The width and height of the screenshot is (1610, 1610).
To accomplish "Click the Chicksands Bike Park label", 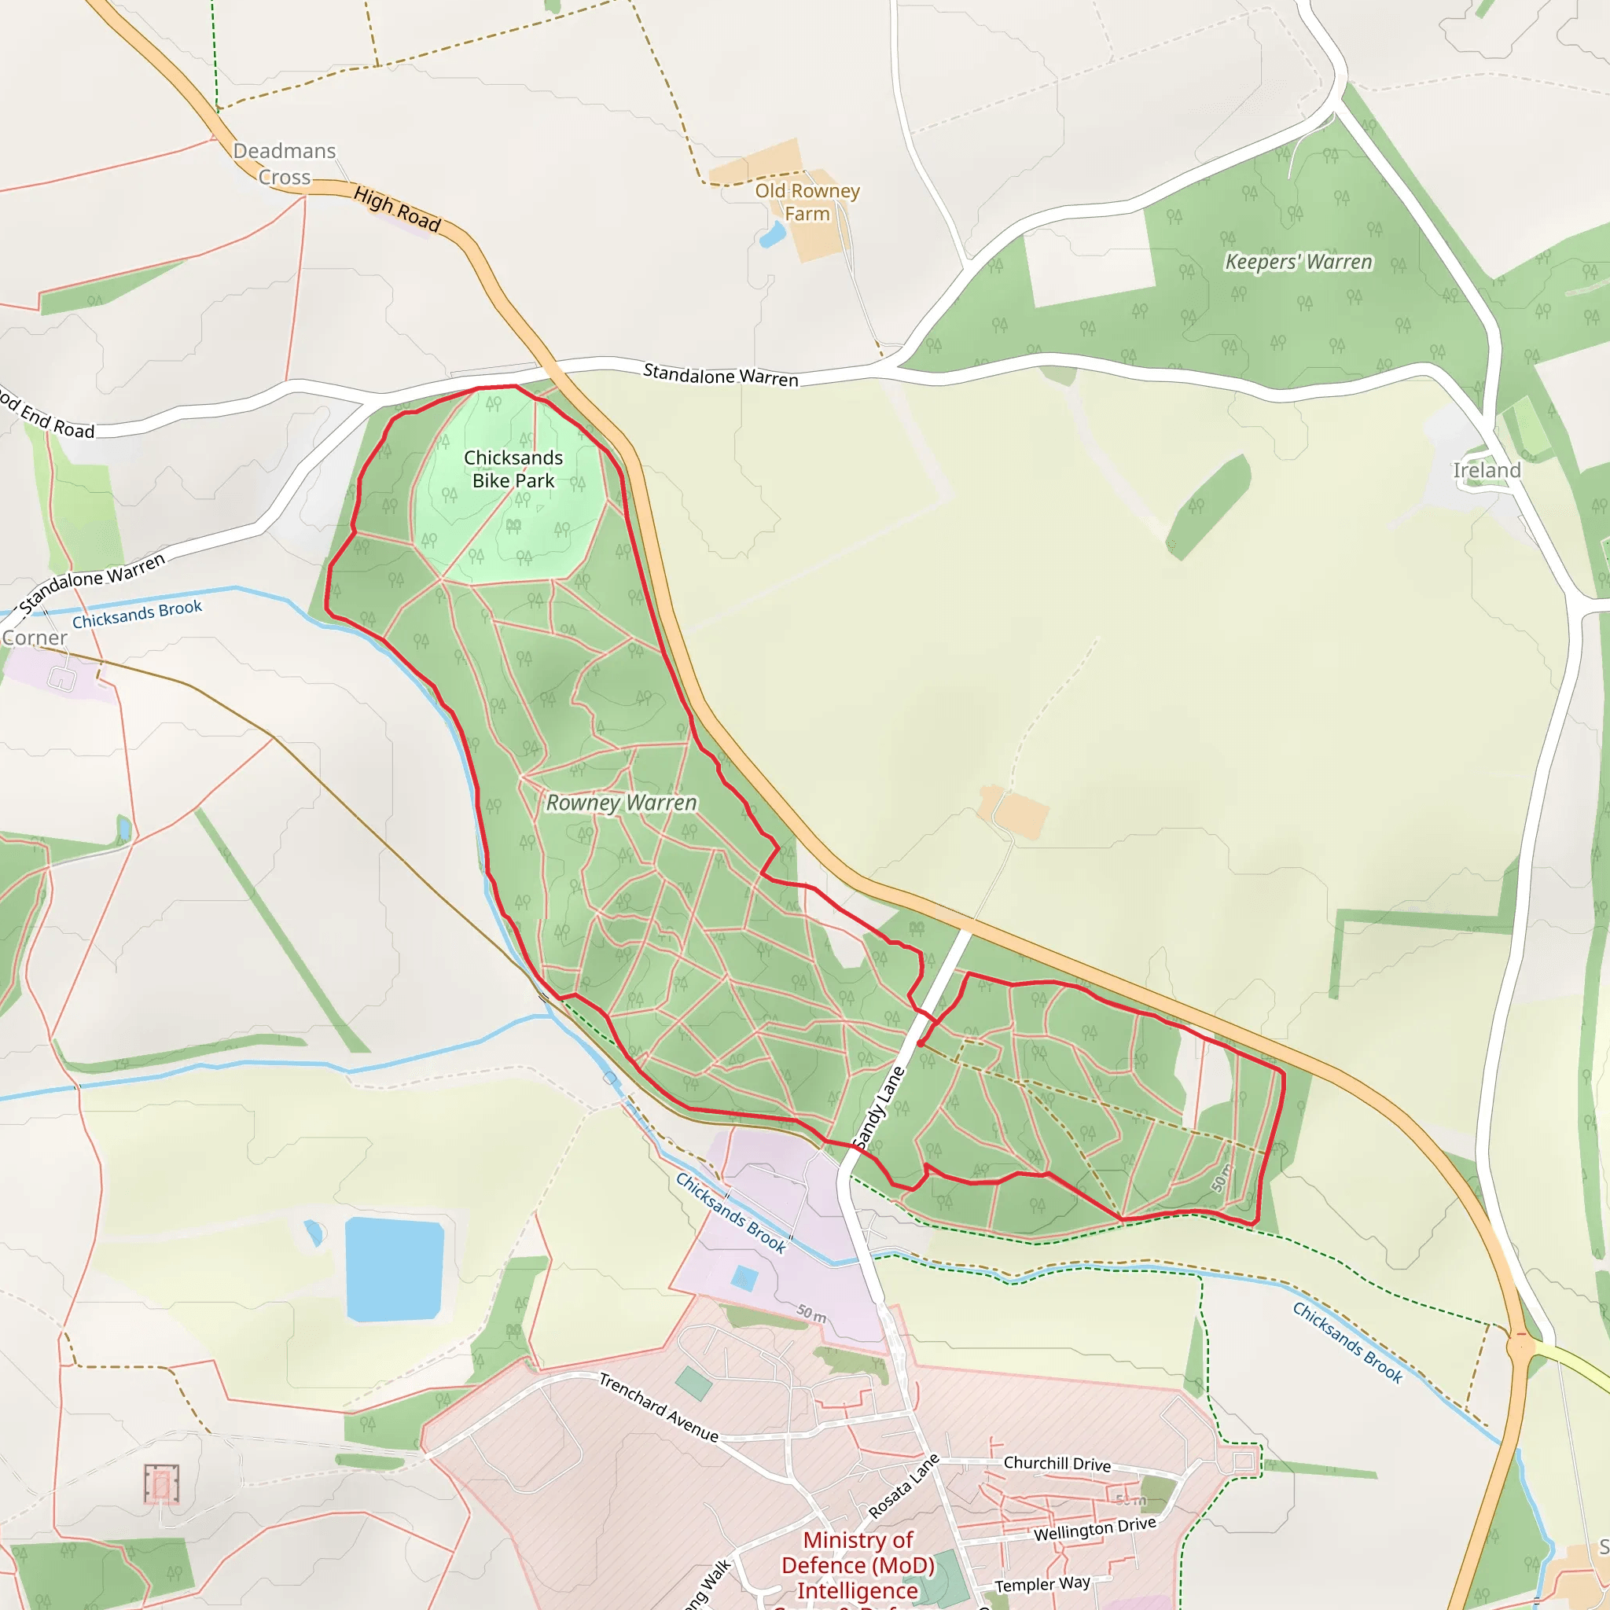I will (x=513, y=469).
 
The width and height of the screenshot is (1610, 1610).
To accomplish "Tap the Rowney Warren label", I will (x=622, y=803).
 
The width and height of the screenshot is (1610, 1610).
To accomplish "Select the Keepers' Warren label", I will (x=1299, y=262).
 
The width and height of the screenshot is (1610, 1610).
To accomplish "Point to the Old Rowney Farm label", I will (x=807, y=202).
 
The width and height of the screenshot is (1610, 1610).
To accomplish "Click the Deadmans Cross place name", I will (x=284, y=164).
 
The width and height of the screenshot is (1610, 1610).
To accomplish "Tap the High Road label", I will (x=397, y=208).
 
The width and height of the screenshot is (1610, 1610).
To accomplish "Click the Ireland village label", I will (x=1487, y=471).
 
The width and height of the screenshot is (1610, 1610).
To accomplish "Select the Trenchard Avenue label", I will (x=658, y=1407).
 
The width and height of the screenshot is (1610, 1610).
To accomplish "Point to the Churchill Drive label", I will (x=1057, y=1463).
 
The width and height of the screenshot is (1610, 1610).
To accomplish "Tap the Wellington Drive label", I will (x=1095, y=1530).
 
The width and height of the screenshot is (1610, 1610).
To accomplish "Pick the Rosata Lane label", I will (x=903, y=1486).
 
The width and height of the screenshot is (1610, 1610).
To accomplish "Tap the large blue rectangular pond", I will (x=393, y=1268).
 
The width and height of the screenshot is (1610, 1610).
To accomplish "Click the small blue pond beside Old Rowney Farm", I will (x=773, y=236).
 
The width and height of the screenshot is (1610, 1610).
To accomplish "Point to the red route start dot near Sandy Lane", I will (x=920, y=1043).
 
